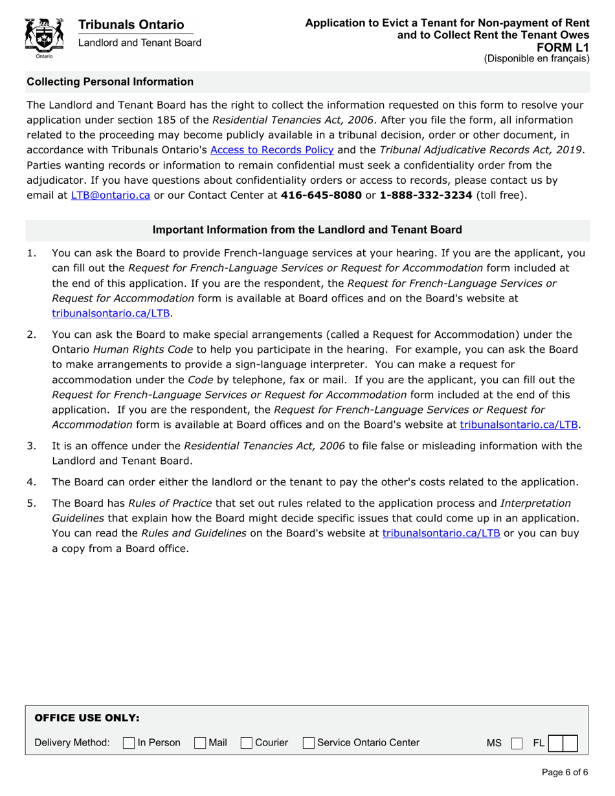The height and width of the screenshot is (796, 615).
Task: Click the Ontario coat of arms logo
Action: (44, 38)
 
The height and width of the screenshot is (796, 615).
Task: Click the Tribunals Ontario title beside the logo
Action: (131, 25)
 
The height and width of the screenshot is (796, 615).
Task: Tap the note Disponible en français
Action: (537, 58)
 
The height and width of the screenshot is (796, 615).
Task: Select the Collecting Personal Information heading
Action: (110, 82)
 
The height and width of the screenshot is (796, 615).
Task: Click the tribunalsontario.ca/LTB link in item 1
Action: (111, 313)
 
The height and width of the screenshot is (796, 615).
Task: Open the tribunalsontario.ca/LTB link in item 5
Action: (441, 534)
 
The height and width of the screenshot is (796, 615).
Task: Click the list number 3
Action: (31, 446)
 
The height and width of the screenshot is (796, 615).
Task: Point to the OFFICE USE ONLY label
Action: (87, 718)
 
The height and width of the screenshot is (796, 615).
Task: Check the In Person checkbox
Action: (128, 743)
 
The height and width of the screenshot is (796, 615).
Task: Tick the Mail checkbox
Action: (201, 743)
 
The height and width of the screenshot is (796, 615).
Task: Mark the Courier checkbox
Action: (246, 743)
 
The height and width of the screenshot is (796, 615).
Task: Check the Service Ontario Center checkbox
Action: (309, 743)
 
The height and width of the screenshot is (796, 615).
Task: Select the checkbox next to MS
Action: (515, 743)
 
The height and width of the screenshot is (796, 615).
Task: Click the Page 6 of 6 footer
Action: (565, 772)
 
